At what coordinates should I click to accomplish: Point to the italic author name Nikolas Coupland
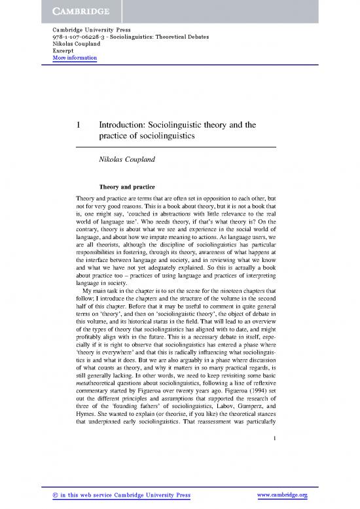click(x=132, y=159)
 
